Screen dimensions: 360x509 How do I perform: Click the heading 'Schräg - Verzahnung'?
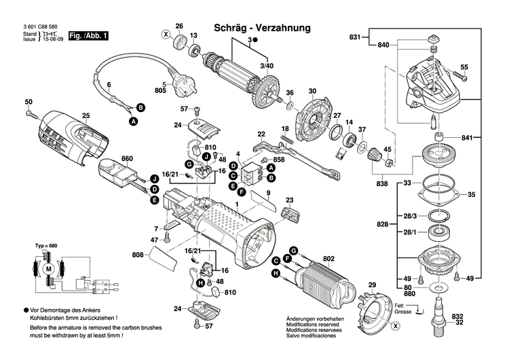tap(262, 29)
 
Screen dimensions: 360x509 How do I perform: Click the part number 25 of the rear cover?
tap(86, 115)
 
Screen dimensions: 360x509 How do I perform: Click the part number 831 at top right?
tap(356, 36)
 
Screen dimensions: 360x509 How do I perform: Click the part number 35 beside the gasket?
tap(471, 194)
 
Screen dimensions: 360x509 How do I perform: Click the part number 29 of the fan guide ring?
tap(371, 285)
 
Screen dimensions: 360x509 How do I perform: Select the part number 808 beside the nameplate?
tap(137, 256)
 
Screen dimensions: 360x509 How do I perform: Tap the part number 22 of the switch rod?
tap(261, 134)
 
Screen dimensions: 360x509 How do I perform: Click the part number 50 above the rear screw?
tap(29, 102)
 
